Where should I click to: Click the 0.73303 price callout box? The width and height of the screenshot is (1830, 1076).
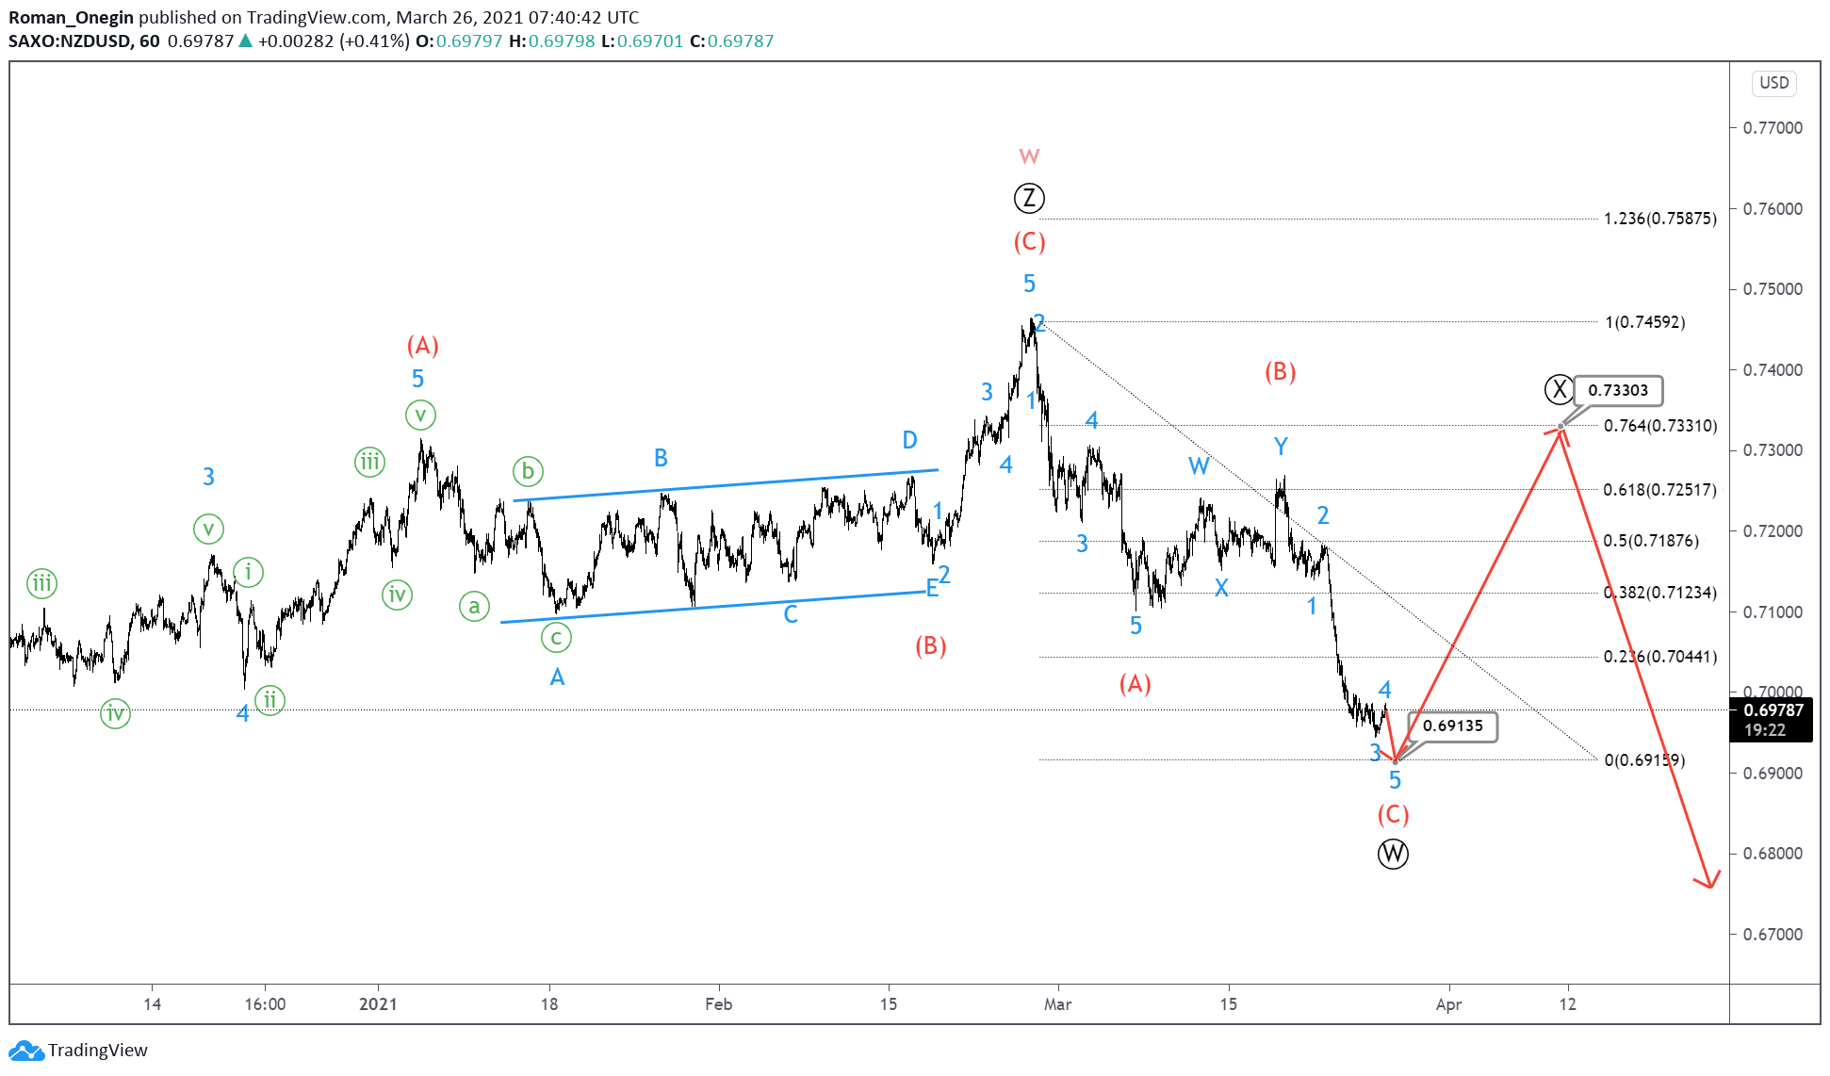[x=1618, y=390]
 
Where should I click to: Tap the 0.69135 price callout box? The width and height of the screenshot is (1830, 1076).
[x=1452, y=725]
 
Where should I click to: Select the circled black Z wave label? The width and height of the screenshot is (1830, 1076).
[x=1029, y=198]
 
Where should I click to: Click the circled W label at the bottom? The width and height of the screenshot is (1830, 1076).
[x=1393, y=854]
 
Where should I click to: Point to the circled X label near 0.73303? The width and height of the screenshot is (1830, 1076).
[x=1560, y=389]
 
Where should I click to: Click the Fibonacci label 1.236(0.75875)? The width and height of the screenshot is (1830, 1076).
[x=1659, y=219]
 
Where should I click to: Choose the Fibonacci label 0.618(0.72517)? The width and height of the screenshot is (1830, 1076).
[x=1659, y=490]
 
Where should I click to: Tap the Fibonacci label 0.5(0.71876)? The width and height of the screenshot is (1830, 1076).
[x=1651, y=541]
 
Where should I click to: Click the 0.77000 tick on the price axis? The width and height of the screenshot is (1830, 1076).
[x=1773, y=128]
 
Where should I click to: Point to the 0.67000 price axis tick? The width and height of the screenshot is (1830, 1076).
[x=1773, y=935]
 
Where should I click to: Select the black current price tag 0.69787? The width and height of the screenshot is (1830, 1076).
[x=1773, y=720]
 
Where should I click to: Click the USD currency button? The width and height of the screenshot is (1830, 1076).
[x=1773, y=83]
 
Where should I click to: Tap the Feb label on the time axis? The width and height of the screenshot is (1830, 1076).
[x=718, y=1004]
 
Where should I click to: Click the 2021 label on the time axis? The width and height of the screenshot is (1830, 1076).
[x=378, y=1004]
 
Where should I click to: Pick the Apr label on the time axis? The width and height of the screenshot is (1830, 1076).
[x=1448, y=1004]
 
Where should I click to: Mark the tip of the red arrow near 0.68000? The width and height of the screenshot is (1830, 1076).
[x=1709, y=887]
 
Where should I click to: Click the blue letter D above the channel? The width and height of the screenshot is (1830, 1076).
[x=909, y=440]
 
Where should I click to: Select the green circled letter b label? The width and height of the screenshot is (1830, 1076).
[x=528, y=471]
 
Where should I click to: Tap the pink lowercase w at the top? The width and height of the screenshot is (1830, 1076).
[x=1029, y=156]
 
